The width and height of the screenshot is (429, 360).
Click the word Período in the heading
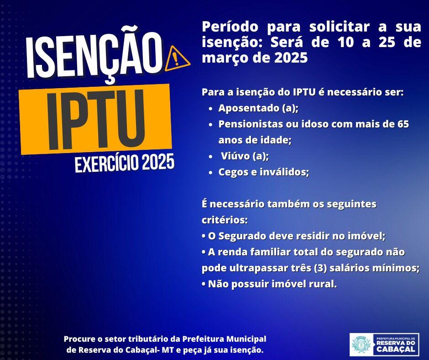pos(230,26)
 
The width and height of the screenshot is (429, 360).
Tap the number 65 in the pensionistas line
pos(403,124)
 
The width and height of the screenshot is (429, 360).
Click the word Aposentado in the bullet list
pos(248,108)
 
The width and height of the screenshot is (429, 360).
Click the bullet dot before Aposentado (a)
pos(210,109)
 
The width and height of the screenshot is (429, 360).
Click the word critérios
pos(225,220)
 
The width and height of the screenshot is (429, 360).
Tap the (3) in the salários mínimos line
pos(320,268)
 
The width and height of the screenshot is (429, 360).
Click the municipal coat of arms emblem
pos(361,344)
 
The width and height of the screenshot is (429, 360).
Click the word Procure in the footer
pos(79,339)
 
